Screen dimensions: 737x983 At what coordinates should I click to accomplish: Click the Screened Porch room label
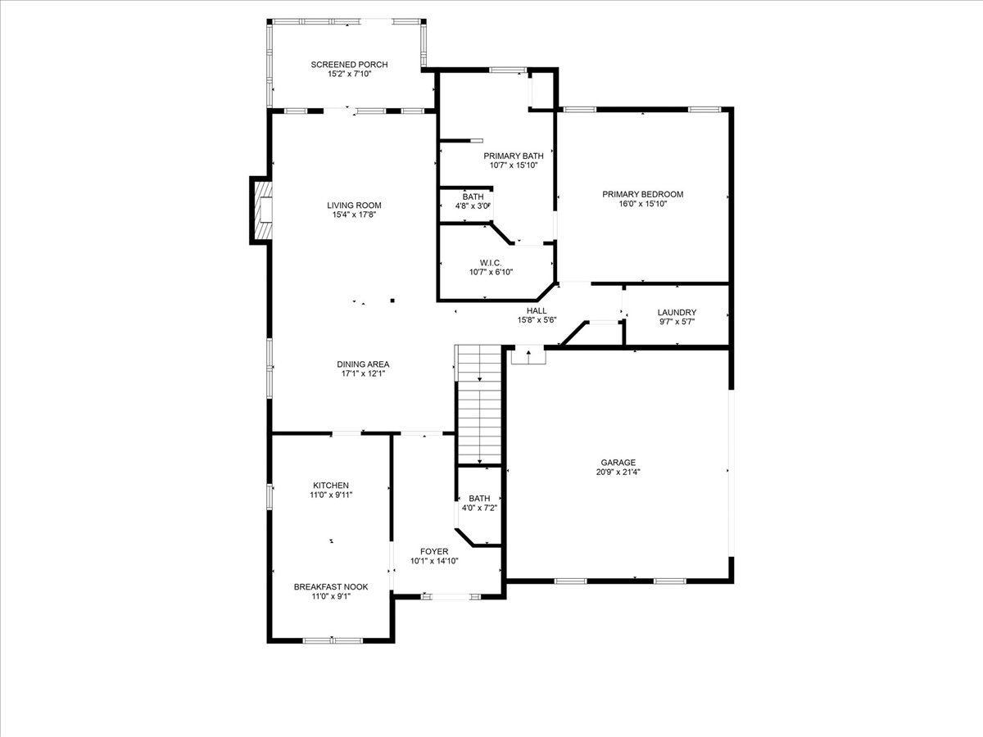coord(349,65)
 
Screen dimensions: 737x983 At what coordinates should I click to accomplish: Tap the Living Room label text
coord(354,206)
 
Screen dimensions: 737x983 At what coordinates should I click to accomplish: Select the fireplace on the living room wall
coord(262,210)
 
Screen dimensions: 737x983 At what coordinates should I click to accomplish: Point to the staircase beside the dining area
coord(478,405)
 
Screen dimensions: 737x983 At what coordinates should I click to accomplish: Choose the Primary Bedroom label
coord(642,194)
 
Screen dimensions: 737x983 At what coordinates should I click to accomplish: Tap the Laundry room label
coord(677,312)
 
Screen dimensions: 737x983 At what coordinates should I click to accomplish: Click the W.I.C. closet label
coord(479,262)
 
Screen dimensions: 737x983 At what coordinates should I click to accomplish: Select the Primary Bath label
coord(513,156)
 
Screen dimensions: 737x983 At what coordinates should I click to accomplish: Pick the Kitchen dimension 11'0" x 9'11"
coord(330,495)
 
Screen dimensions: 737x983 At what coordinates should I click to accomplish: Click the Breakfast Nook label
coord(330,587)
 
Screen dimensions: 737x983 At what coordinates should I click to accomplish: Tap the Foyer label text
coord(434,551)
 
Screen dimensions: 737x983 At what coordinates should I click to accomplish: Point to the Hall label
coord(537,310)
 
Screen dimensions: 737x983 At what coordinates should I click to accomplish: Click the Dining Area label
coord(363,364)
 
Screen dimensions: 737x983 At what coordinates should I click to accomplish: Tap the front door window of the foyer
coord(448,597)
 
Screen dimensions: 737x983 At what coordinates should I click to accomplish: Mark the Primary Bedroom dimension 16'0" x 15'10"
coord(642,204)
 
